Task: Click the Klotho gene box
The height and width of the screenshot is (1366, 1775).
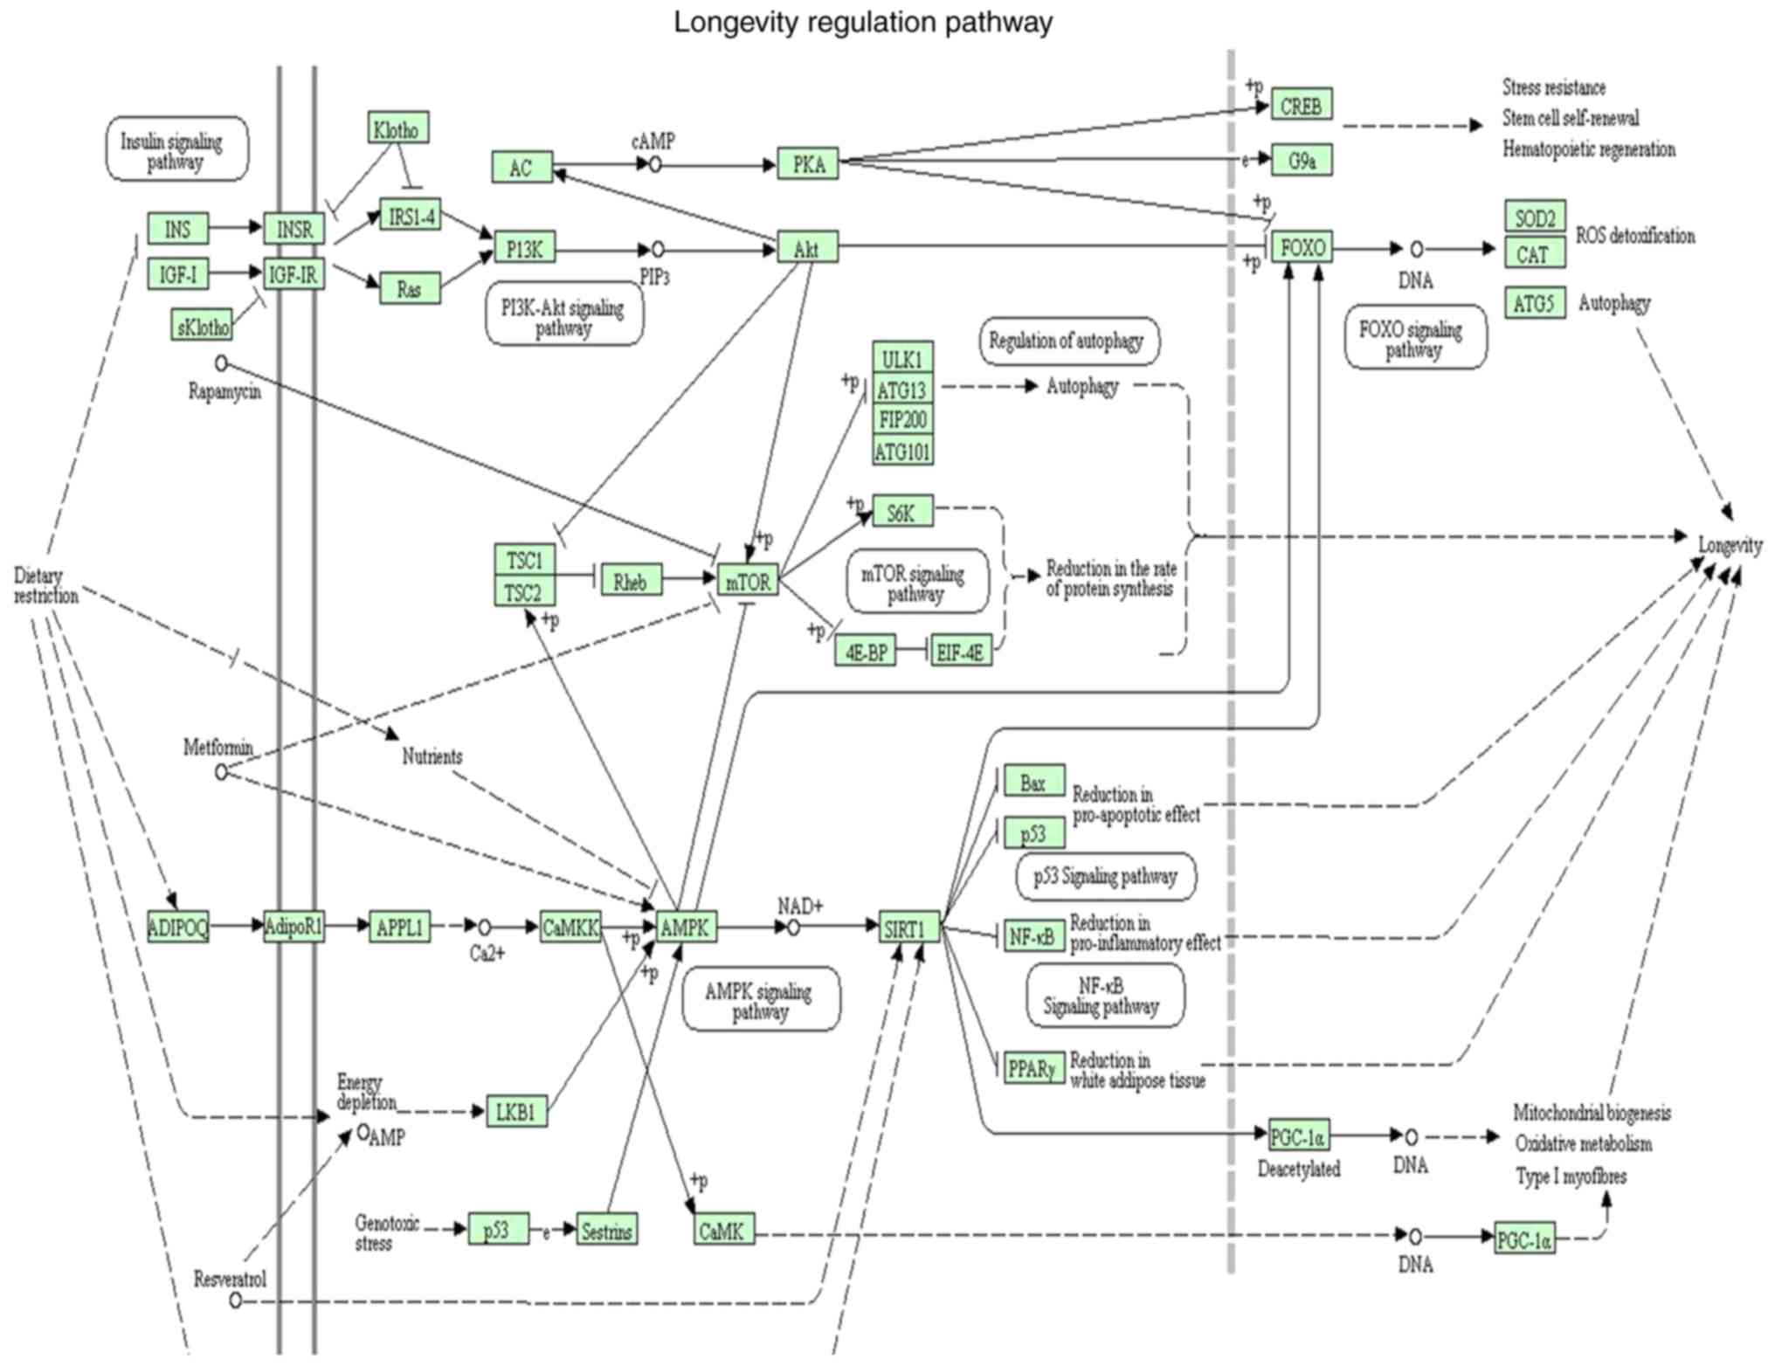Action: [397, 129]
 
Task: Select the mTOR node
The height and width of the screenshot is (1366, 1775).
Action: [748, 581]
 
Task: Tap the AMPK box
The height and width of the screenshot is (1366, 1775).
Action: [686, 927]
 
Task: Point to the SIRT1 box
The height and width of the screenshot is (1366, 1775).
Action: [908, 928]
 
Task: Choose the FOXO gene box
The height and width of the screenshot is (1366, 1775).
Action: [1302, 247]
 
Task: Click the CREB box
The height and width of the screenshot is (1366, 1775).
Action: [1301, 105]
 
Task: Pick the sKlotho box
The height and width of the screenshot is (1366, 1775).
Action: [202, 327]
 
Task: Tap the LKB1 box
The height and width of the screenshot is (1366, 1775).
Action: [516, 1111]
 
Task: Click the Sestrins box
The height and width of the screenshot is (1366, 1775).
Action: [606, 1230]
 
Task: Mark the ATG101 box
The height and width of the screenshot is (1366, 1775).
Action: [902, 451]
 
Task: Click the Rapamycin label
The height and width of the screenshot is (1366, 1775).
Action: [224, 390]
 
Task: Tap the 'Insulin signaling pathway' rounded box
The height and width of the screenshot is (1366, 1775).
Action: [176, 149]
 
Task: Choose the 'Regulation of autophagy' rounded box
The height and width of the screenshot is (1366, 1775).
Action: [1068, 341]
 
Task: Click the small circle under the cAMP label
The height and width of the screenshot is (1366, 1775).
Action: [655, 164]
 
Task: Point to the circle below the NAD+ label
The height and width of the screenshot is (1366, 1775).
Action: [793, 928]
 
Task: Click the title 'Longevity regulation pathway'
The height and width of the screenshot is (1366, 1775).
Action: [862, 22]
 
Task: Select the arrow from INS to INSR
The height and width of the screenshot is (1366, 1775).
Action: [235, 228]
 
